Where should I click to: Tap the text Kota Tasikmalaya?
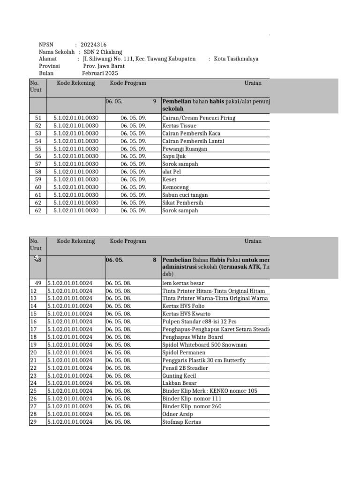point(236,59)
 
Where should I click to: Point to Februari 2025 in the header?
point(100,73)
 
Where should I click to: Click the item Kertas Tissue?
point(180,126)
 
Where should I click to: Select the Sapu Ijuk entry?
point(174,157)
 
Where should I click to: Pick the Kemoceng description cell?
point(176,187)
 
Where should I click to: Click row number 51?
point(38,118)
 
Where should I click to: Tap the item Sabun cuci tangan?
point(185,195)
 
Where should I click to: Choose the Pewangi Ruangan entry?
point(185,149)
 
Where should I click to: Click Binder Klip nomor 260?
point(192,406)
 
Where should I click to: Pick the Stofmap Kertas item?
point(181,422)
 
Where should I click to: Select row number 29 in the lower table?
point(33,422)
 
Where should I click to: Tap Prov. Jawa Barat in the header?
point(103,66)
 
